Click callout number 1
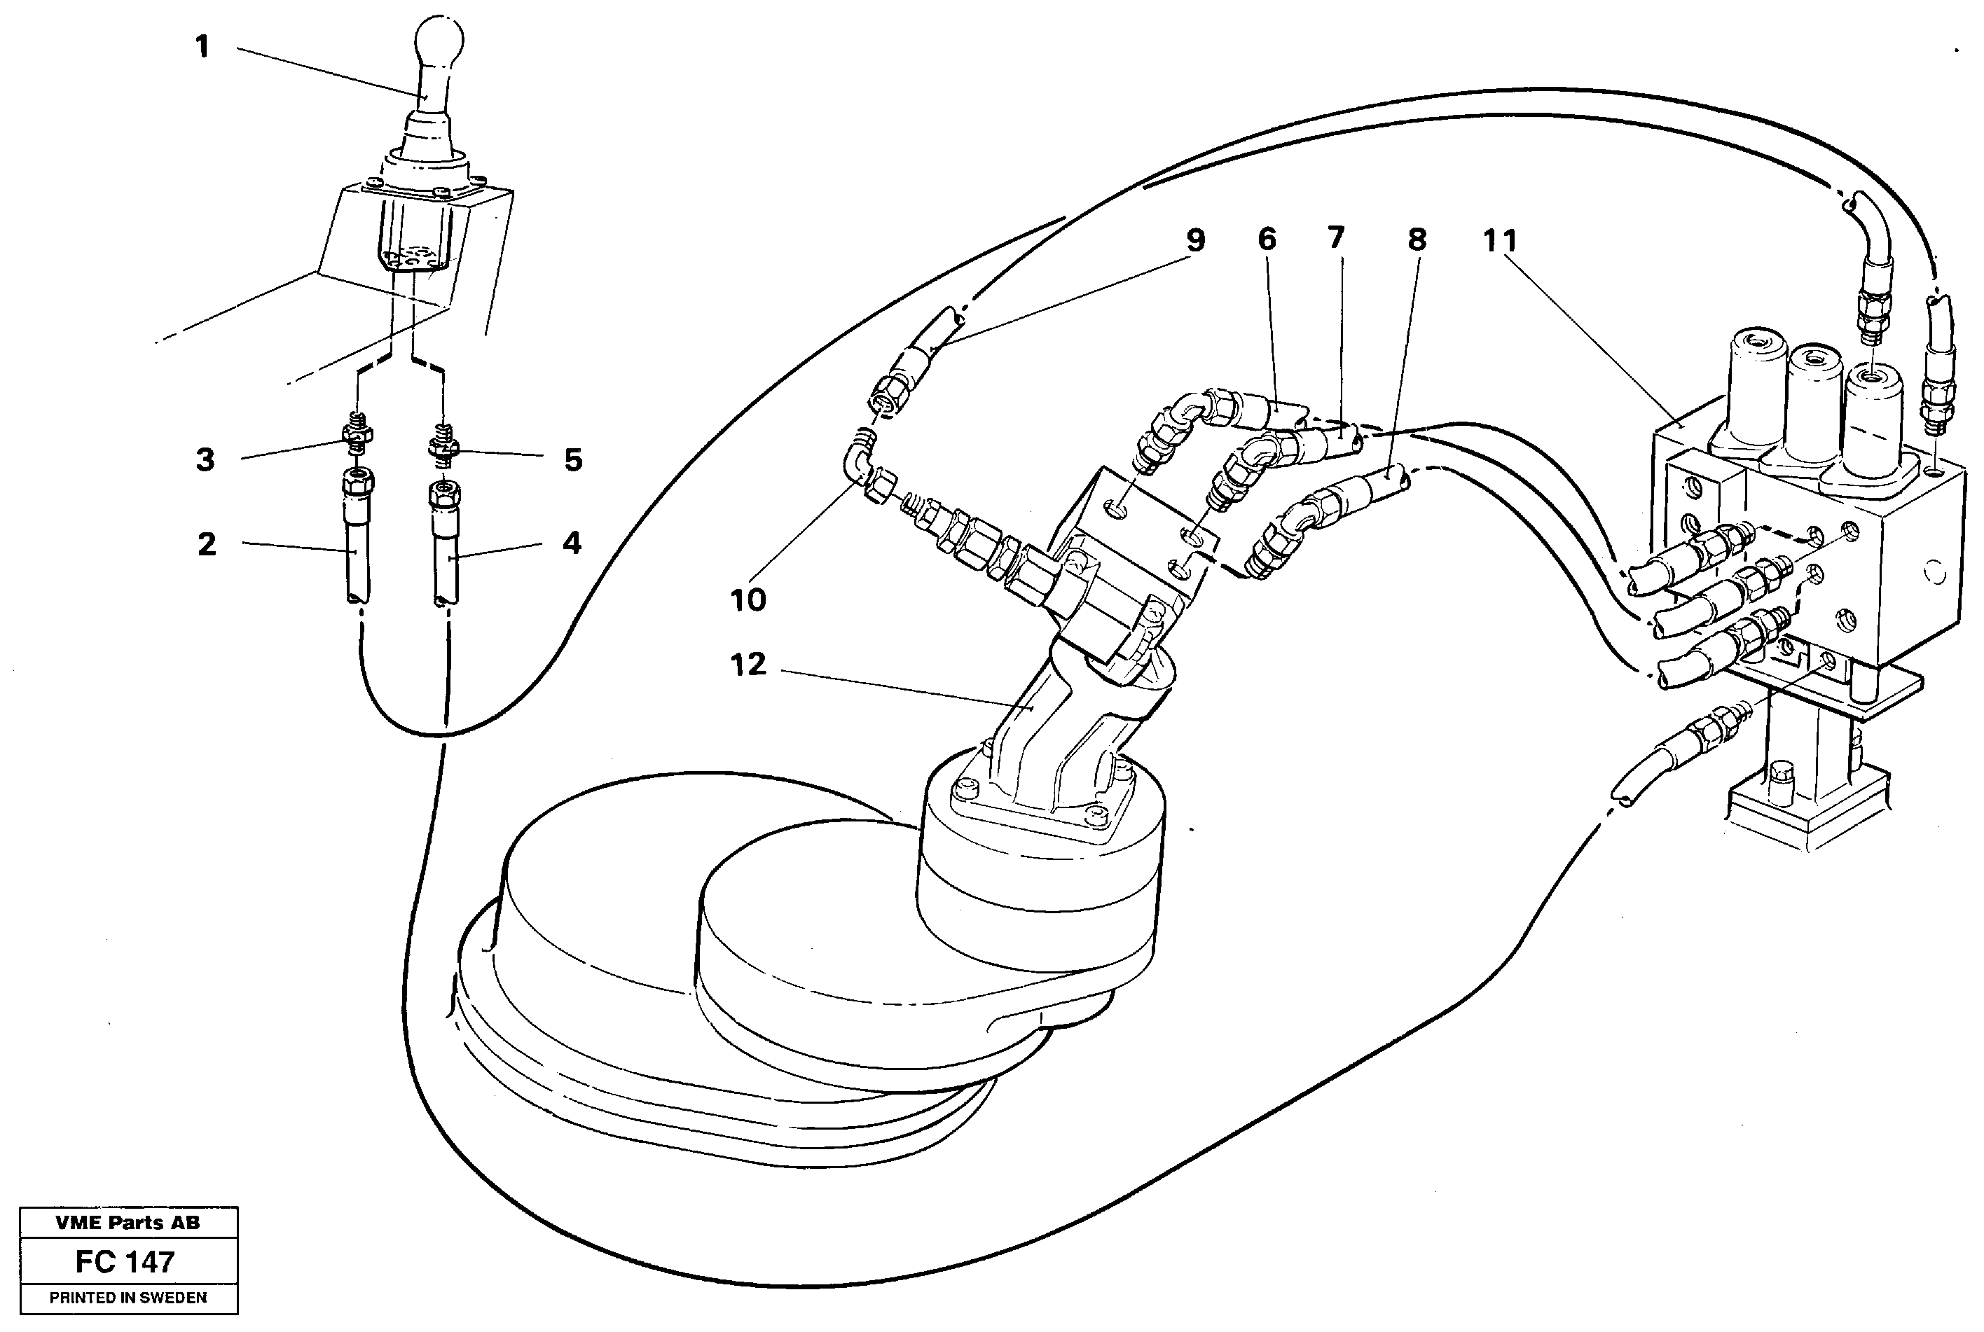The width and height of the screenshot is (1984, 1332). click(202, 47)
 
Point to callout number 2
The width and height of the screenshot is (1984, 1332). click(207, 543)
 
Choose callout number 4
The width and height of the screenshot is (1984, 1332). click(572, 542)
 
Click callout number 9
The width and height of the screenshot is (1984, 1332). click(1195, 240)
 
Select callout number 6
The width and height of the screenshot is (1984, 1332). click(1267, 240)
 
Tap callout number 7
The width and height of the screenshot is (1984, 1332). click(1336, 238)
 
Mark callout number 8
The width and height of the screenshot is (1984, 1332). click(1417, 240)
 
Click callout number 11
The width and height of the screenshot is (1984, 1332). click(1501, 241)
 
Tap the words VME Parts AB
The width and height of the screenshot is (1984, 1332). click(128, 1223)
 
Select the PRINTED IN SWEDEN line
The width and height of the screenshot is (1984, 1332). click(128, 1298)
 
